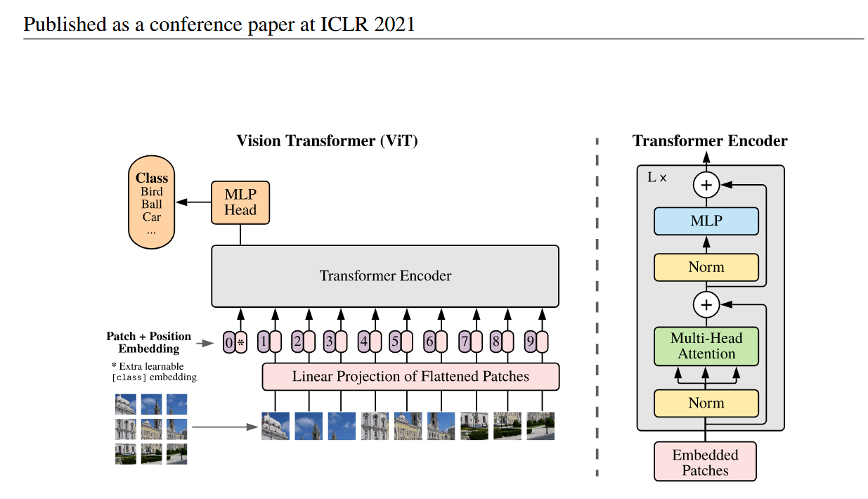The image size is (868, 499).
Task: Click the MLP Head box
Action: (240, 202)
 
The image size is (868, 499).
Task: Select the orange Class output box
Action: (151, 204)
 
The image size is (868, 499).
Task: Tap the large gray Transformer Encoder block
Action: (385, 276)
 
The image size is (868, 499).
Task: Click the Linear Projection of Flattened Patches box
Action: (410, 377)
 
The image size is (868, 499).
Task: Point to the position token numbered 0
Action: (229, 342)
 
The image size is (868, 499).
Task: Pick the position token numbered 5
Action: (395, 342)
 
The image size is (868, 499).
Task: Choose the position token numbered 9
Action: (530, 342)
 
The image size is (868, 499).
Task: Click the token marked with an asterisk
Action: (241, 342)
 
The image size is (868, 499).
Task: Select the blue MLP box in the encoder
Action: (706, 221)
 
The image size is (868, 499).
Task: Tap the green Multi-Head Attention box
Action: (706, 346)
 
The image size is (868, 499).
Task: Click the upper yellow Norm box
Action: (706, 267)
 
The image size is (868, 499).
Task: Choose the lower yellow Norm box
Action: (706, 403)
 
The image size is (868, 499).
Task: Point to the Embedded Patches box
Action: (705, 462)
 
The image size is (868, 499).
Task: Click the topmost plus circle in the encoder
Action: (706, 186)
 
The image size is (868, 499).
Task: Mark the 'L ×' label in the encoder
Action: (656, 179)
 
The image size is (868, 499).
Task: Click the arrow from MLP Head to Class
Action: (193, 202)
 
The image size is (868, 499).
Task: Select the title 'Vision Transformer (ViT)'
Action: (327, 141)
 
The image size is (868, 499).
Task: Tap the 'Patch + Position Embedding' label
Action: (148, 342)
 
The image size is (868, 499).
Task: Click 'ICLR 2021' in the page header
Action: (375, 25)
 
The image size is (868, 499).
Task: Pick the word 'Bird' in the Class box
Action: (151, 192)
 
